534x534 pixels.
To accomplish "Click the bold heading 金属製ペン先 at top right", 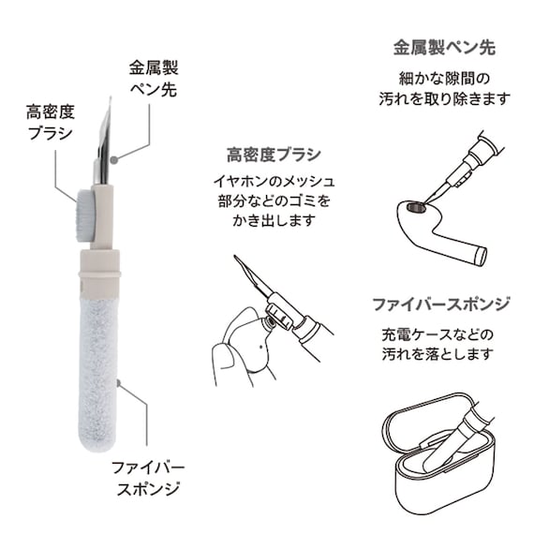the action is point(444,48).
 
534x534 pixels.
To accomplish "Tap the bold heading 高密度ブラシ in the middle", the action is point(274,156).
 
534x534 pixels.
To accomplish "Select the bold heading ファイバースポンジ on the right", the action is point(441,304).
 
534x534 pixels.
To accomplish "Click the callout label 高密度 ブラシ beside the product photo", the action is point(51,123).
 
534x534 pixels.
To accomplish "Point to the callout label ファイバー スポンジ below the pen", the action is point(148,479).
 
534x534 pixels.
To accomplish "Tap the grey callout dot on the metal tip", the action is point(115,159).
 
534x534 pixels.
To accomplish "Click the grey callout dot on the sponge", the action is point(119,383).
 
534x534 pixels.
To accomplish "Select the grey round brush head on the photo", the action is point(83,216).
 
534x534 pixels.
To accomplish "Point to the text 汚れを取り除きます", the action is point(445,99).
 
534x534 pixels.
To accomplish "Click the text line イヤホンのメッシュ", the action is point(274,181).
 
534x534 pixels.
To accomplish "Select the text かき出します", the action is point(274,221).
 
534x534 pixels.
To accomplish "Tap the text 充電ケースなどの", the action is point(438,334).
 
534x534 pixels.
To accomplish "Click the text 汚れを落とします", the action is point(438,354).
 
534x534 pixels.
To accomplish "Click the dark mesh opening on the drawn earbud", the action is point(416,206).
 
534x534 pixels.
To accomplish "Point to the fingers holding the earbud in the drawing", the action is point(227,361).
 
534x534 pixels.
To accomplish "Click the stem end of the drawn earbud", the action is point(482,256).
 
